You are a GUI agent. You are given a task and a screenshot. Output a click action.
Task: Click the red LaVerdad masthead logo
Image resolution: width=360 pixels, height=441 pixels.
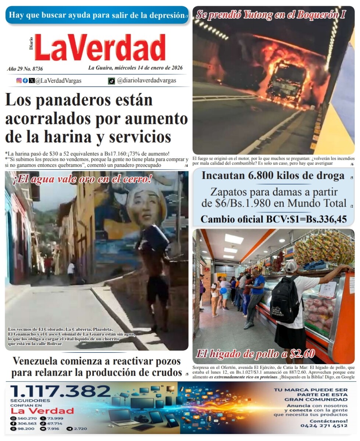coord(100,48)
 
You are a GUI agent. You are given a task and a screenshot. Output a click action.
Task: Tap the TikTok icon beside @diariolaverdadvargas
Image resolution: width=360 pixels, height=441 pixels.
coord(111,81)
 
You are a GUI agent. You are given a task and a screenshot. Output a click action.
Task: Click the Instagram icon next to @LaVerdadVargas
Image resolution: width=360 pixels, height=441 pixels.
coord(19,80)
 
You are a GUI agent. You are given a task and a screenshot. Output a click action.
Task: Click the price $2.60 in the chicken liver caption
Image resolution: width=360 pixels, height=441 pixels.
coord(302,354)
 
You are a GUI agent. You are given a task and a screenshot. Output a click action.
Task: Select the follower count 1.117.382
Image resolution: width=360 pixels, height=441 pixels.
coord(61,391)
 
